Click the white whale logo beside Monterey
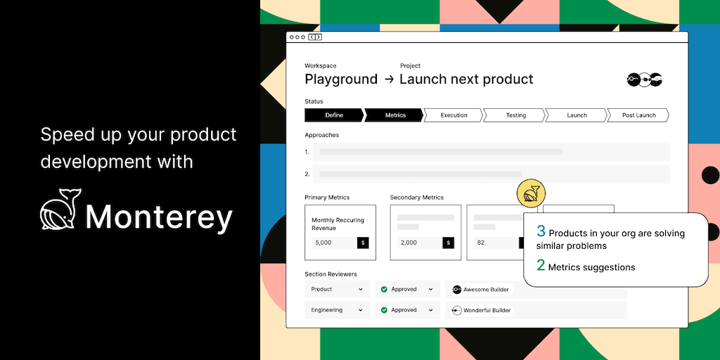click(60, 209)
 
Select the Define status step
click(334, 115)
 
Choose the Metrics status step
click(394, 115)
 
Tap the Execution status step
click(454, 115)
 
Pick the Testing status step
click(515, 115)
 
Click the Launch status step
click(577, 115)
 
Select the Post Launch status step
click(638, 115)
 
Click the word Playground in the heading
click(341, 79)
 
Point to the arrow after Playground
click(389, 79)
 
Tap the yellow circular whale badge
click(531, 192)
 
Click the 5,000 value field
click(334, 243)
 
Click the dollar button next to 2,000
click(448, 243)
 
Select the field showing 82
click(496, 243)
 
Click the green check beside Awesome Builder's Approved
click(384, 289)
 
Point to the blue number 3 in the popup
click(541, 231)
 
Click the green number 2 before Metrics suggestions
click(541, 265)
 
